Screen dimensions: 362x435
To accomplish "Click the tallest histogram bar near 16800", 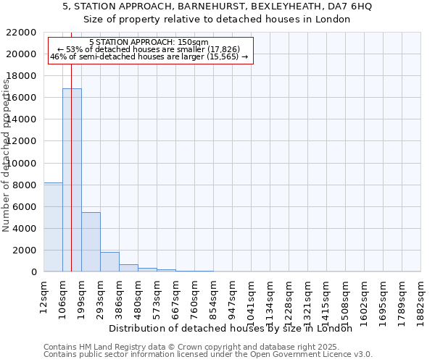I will [72, 181].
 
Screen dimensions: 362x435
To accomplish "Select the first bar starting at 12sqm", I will [53, 228].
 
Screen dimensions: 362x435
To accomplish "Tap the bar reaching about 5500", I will [91, 243].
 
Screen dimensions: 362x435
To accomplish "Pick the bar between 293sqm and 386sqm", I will [109, 262].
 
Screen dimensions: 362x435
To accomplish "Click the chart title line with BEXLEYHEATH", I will [217, 7].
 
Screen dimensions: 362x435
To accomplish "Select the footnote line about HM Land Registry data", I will [207, 347].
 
